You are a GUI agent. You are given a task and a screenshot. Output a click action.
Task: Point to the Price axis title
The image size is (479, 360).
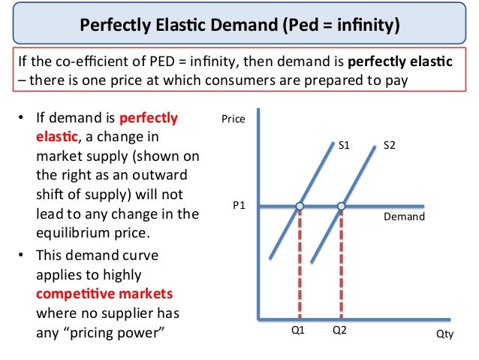[x=233, y=119]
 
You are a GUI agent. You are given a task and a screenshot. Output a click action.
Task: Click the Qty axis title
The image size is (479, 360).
[x=445, y=335]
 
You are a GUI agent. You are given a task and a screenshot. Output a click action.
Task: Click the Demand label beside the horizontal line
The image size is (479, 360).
[x=404, y=216]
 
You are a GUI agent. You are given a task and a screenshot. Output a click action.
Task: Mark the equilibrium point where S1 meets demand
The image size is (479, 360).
[x=300, y=206]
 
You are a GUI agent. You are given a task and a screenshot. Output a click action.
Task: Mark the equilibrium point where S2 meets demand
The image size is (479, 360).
[x=342, y=206]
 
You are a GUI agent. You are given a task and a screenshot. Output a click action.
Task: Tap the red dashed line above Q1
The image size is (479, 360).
[x=300, y=263]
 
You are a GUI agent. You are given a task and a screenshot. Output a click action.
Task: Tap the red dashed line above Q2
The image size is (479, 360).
[x=342, y=263]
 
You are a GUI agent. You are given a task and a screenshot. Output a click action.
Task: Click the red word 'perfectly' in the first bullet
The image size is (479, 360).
[x=149, y=118]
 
